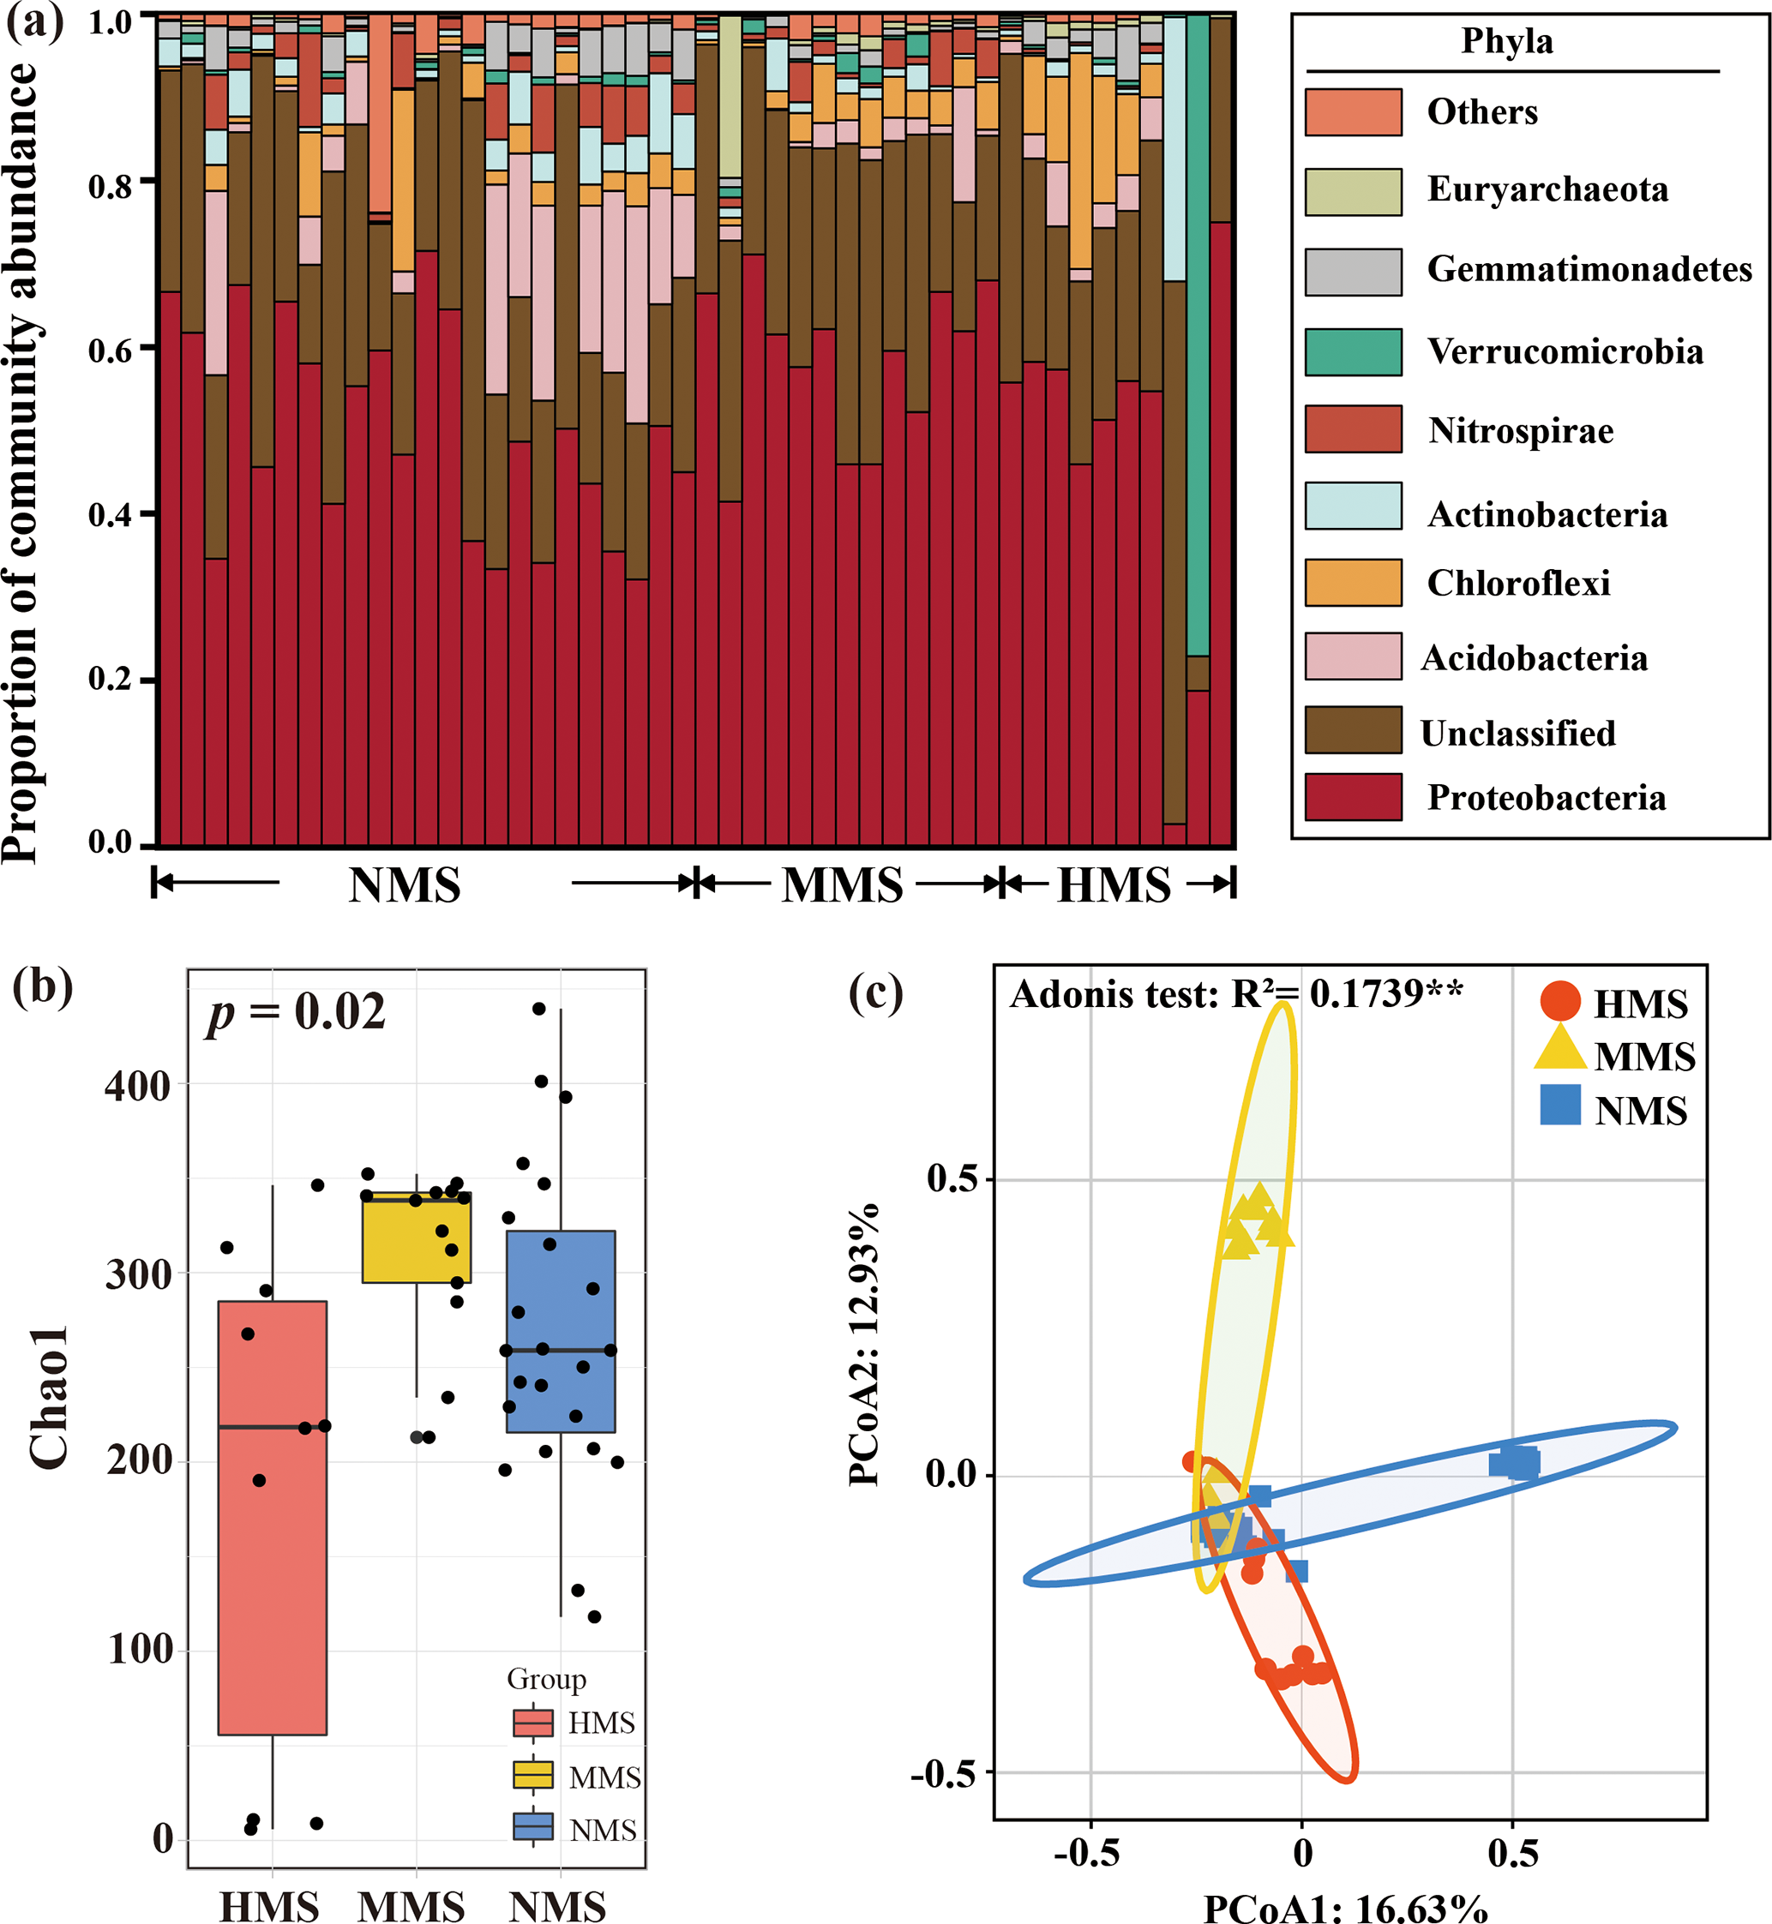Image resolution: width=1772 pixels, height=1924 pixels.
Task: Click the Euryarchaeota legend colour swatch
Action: pos(1353,192)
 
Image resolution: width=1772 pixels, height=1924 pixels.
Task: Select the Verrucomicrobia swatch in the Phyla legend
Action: pos(1353,352)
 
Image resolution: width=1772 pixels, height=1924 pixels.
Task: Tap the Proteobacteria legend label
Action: pos(1546,798)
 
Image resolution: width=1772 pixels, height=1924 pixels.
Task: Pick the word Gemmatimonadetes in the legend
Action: pos(1589,269)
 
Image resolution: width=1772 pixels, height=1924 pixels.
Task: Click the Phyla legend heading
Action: pos(1506,41)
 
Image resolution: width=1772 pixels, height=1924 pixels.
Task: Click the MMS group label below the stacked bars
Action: pos(842,884)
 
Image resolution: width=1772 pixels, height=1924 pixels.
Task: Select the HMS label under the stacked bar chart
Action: pos(1114,884)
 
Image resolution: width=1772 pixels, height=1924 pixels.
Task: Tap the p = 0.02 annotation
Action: pos(297,1012)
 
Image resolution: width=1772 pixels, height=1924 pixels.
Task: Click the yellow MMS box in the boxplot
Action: pos(416,1238)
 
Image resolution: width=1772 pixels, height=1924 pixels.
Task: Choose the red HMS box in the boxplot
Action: pos(273,1518)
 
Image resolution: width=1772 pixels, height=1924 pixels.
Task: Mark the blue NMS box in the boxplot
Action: pos(560,1332)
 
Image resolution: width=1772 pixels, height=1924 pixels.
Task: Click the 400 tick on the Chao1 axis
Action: pos(137,1087)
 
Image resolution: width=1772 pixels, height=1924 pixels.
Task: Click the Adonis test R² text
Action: pos(1236,994)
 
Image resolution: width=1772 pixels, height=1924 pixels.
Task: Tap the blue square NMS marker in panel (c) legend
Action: pos(1560,1105)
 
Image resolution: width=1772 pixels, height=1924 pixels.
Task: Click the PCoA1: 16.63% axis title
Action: pos(1345,1908)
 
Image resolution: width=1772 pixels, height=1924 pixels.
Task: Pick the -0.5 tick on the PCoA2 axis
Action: pos(941,1773)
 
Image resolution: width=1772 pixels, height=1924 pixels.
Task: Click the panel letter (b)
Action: pos(42,986)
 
